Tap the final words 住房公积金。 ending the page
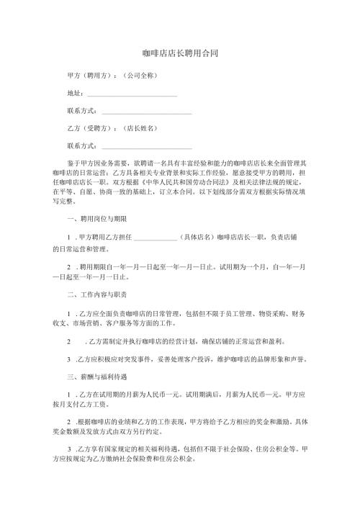pos(184,458)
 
